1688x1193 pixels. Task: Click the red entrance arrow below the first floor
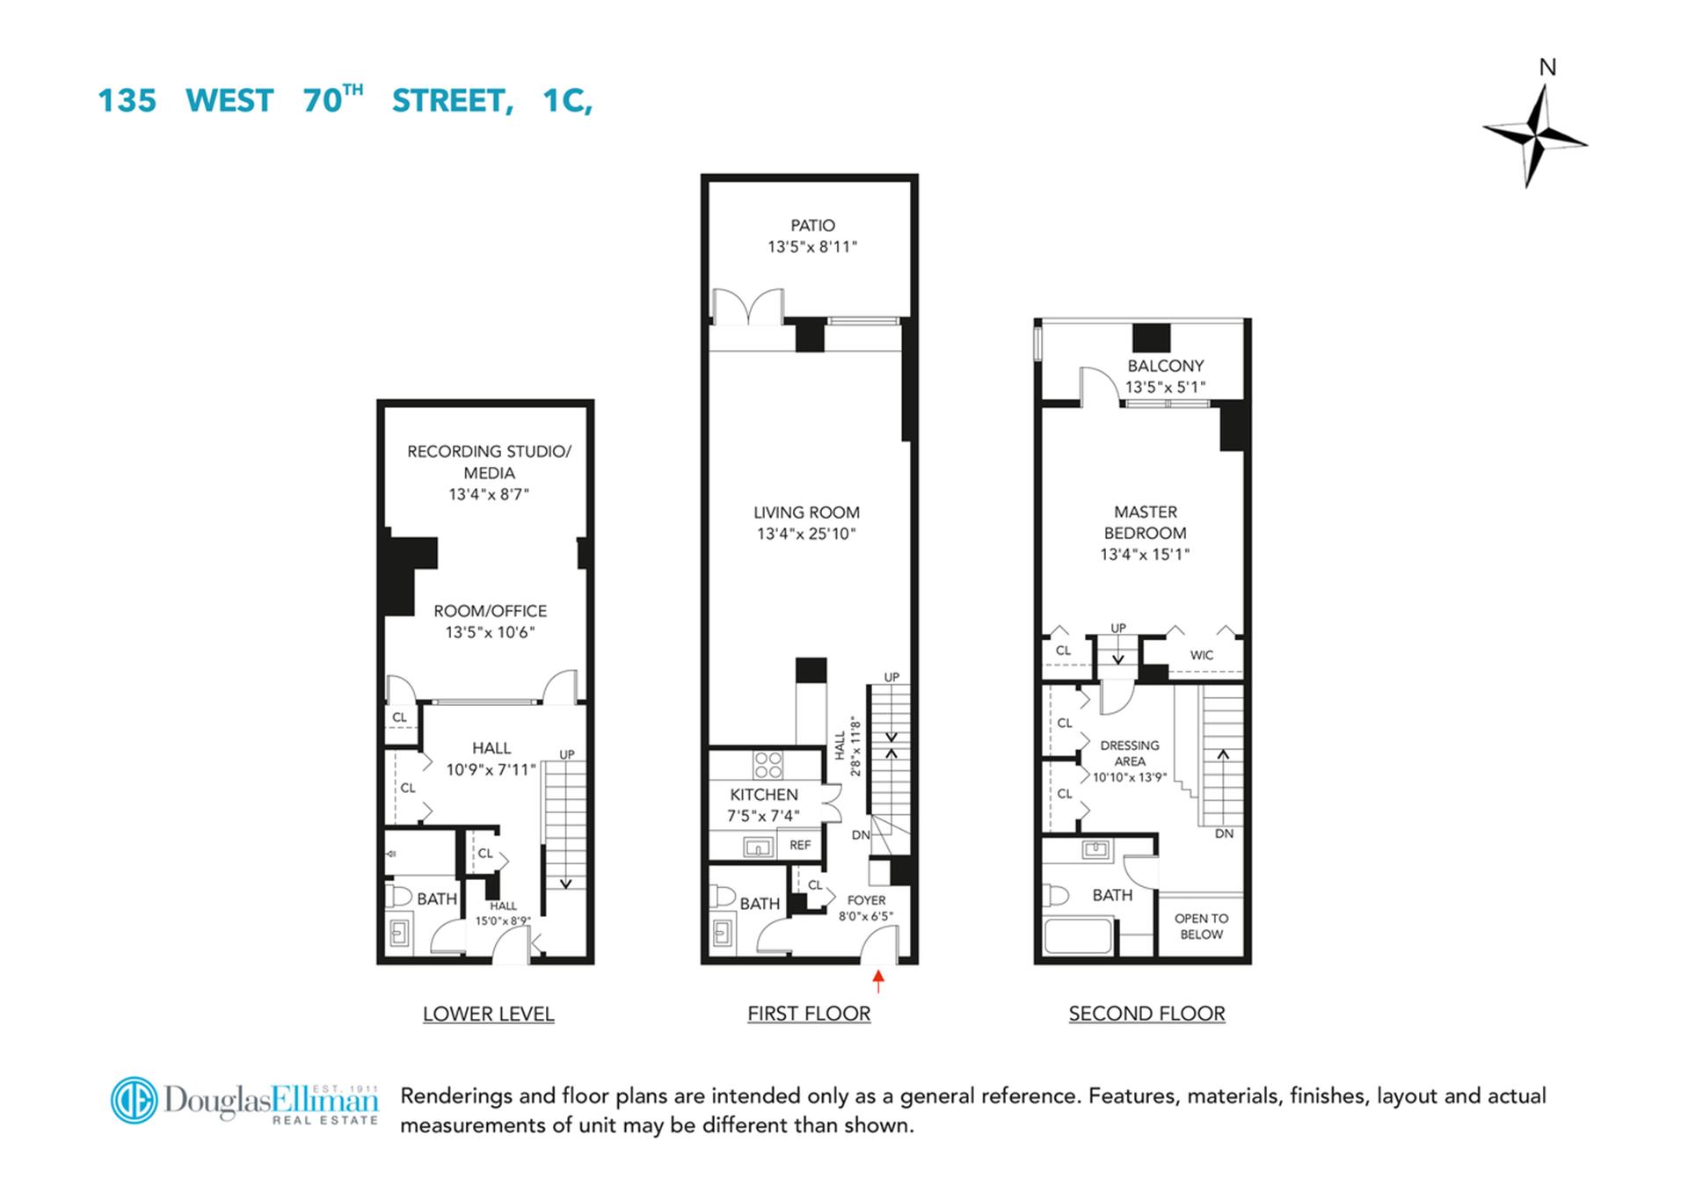(877, 979)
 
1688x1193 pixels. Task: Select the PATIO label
(812, 226)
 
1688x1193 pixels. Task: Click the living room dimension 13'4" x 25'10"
(806, 534)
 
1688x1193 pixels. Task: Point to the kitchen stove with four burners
(768, 765)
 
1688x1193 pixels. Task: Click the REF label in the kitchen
(800, 846)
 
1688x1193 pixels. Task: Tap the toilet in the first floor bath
(724, 896)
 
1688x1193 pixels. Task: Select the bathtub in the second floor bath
(1078, 935)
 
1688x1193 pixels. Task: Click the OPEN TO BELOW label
(1201, 927)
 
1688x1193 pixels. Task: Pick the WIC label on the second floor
(1202, 655)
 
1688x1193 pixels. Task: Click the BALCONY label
(1166, 366)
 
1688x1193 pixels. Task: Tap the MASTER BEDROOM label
(1146, 522)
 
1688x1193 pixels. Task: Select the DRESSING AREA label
(1130, 753)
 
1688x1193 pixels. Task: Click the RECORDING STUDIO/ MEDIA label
(489, 462)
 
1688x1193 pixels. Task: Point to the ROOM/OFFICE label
(490, 611)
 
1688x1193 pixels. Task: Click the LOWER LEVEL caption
(489, 1014)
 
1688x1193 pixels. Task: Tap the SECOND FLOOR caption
(1146, 1014)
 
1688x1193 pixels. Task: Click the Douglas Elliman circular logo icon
(134, 1100)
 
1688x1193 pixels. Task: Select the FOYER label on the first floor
(866, 900)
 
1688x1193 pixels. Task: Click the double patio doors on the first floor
(747, 308)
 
